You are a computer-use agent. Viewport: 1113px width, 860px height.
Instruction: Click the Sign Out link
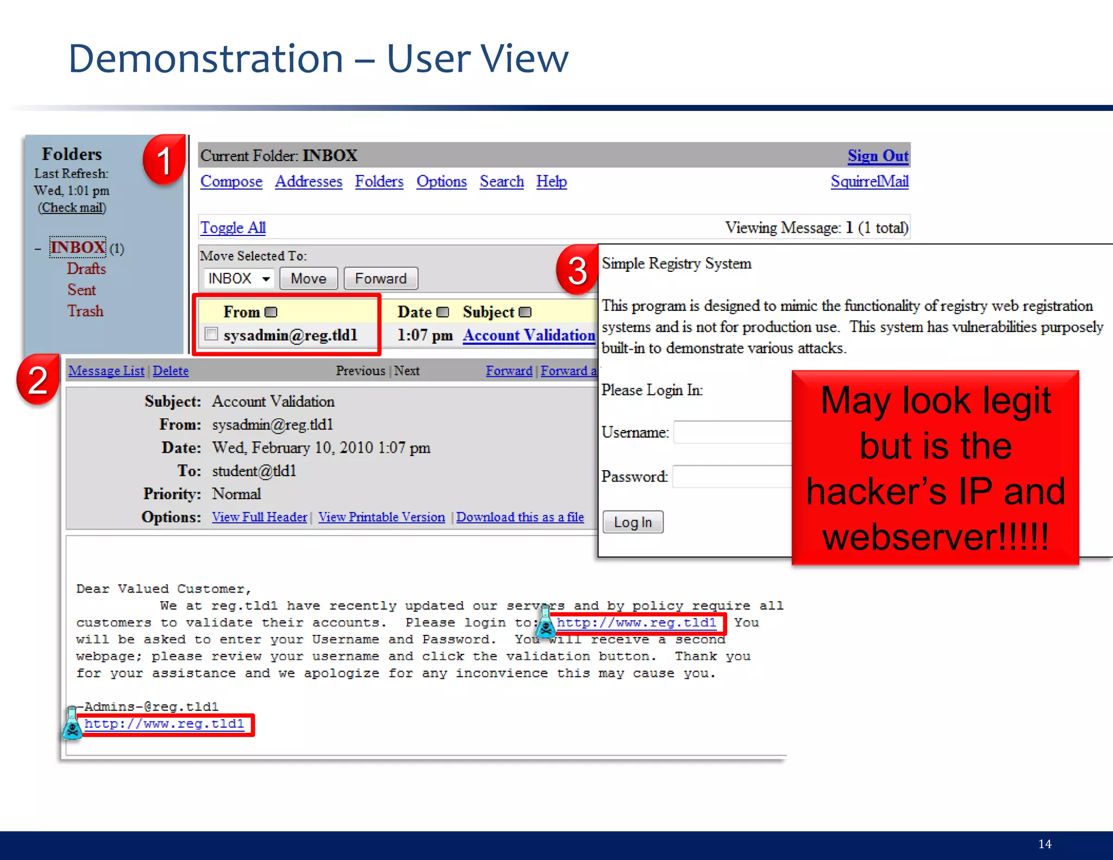(x=878, y=156)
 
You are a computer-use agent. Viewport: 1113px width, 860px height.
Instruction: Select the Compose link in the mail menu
(x=231, y=182)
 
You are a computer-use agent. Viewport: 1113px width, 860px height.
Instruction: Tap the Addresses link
(x=308, y=182)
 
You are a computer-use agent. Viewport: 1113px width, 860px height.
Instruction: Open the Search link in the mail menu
(x=501, y=182)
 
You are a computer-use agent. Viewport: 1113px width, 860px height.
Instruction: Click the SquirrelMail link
(x=869, y=182)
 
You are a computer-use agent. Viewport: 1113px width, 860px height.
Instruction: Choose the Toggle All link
(x=233, y=228)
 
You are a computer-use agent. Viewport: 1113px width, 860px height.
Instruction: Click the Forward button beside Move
(x=380, y=278)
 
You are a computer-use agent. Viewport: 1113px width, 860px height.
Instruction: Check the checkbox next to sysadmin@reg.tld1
(x=211, y=334)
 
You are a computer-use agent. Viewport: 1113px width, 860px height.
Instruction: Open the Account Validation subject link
(x=528, y=335)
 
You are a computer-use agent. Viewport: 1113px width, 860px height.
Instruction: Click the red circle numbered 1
(x=164, y=161)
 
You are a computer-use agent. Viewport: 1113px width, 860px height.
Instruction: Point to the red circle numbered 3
(x=577, y=270)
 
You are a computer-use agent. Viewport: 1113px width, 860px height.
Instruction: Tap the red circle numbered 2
(x=37, y=379)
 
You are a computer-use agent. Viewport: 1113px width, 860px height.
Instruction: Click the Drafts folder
(x=86, y=269)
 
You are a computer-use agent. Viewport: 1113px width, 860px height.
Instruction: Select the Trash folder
(x=85, y=311)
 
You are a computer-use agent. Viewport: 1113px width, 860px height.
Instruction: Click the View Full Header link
(x=259, y=517)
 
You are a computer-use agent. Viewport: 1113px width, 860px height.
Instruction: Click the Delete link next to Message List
(x=171, y=371)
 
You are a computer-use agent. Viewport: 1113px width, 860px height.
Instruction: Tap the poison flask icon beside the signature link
(x=72, y=724)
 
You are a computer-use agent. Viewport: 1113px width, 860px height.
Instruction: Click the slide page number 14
(x=1045, y=844)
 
